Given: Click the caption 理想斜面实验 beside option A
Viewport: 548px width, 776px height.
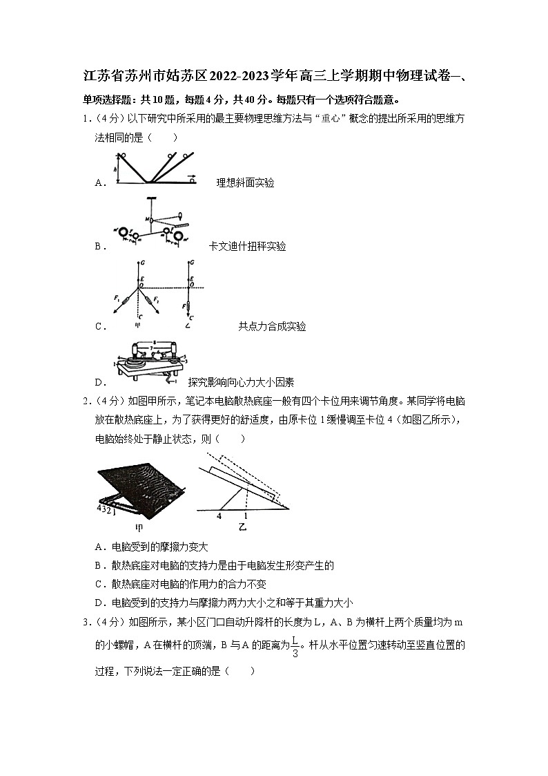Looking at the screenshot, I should pos(245,182).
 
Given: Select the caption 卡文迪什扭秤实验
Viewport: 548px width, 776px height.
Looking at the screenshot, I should pos(247,246).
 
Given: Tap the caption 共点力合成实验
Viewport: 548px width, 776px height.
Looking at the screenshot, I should pos(272,326).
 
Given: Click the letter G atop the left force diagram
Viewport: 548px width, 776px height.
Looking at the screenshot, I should pos(141,263).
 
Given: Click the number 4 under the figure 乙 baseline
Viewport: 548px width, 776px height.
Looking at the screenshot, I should pos(219,515).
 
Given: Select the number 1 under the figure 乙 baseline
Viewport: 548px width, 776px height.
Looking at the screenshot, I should pos(245,515).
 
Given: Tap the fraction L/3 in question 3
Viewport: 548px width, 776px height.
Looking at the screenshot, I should pos(295,647).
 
